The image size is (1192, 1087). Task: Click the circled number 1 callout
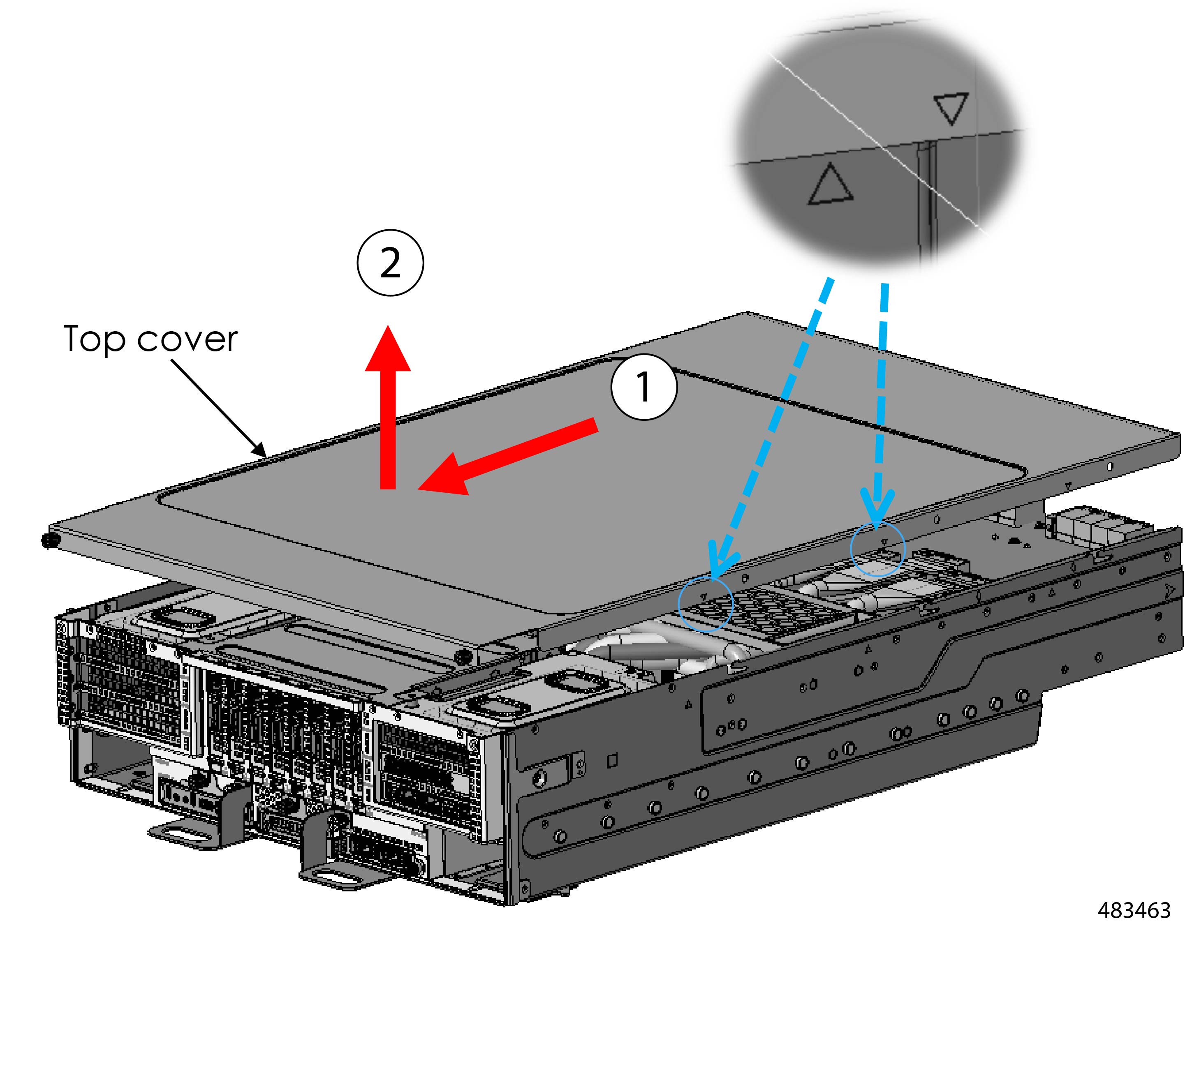(x=643, y=387)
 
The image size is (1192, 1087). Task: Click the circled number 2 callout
(x=390, y=263)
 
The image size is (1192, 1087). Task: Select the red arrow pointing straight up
(x=388, y=408)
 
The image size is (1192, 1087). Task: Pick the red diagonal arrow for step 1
(x=509, y=455)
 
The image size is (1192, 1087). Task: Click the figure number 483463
(x=1134, y=910)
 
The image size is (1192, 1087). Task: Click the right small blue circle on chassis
(x=877, y=549)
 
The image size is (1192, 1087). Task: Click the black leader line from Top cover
(x=219, y=408)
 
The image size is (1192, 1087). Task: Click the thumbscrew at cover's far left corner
(x=47, y=540)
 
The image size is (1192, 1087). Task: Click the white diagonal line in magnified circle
(x=875, y=142)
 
